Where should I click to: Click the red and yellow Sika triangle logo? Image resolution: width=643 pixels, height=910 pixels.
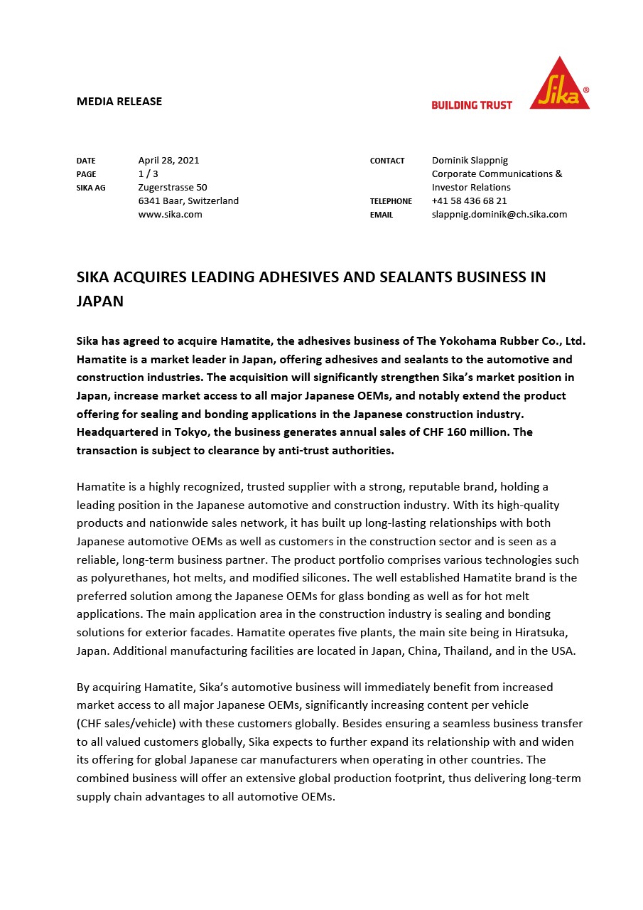pyautogui.click(x=560, y=85)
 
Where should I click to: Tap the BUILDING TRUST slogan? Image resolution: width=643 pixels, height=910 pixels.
pyautogui.click(x=472, y=105)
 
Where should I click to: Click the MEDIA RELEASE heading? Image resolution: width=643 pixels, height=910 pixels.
pyautogui.click(x=119, y=102)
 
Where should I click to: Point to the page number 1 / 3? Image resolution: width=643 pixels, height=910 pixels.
pyautogui.click(x=148, y=174)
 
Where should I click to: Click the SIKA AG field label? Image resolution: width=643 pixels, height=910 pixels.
pyautogui.click(x=91, y=188)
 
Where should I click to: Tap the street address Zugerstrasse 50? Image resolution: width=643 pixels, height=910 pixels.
pyautogui.click(x=173, y=188)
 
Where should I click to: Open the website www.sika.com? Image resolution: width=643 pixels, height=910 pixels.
pyautogui.click(x=170, y=215)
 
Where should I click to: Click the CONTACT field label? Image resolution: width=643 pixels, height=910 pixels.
pyautogui.click(x=387, y=161)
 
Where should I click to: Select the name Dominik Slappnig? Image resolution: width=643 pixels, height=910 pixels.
pyautogui.click(x=470, y=161)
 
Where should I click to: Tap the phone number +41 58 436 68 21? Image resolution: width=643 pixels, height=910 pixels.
pyautogui.click(x=470, y=201)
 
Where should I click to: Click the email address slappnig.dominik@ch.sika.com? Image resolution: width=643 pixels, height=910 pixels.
pyautogui.click(x=499, y=215)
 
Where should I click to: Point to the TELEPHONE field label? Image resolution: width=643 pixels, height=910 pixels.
pyautogui.click(x=391, y=202)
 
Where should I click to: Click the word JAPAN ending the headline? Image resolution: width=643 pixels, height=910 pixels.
pyautogui.click(x=100, y=301)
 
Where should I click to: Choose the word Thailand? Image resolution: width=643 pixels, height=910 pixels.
pyautogui.click(x=468, y=651)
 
